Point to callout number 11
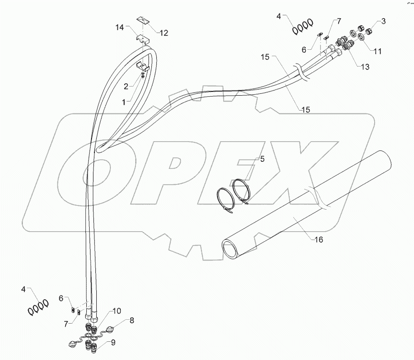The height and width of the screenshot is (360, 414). tap(378, 51)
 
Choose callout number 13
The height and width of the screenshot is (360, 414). tap(365, 67)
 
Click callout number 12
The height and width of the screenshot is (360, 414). tap(164, 33)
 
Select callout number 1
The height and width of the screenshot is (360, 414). tap(125, 102)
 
